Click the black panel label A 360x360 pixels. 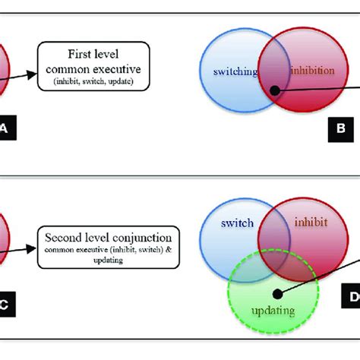point(4,132)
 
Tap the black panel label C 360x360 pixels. point(4,305)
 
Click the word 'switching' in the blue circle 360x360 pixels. point(235,72)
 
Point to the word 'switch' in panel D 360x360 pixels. point(237,225)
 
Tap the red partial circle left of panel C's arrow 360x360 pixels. point(4,235)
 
